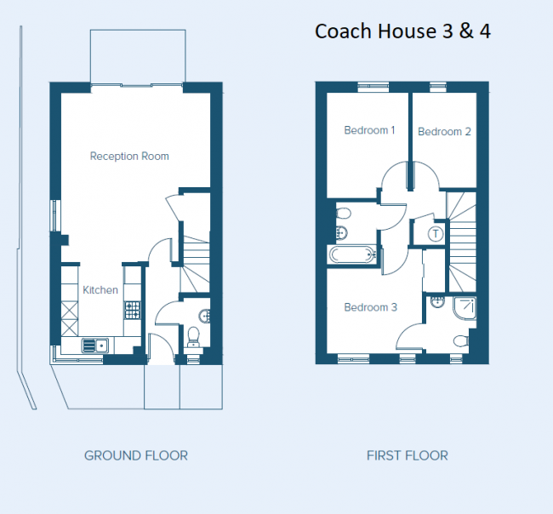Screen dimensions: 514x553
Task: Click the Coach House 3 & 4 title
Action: click(402, 31)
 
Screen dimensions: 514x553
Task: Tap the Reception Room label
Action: click(129, 156)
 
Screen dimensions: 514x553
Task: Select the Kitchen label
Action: click(100, 290)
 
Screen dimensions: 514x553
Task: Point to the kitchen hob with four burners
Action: click(133, 311)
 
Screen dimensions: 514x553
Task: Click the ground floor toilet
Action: click(193, 337)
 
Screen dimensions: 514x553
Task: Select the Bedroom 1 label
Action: click(369, 130)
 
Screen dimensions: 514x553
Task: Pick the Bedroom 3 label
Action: click(370, 307)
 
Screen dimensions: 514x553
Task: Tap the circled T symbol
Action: click(436, 233)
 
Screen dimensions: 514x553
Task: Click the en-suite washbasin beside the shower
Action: click(437, 300)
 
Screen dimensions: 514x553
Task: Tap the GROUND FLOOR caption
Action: click(136, 455)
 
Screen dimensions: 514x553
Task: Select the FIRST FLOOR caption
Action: click(407, 455)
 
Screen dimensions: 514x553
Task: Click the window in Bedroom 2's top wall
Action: click(438, 85)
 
